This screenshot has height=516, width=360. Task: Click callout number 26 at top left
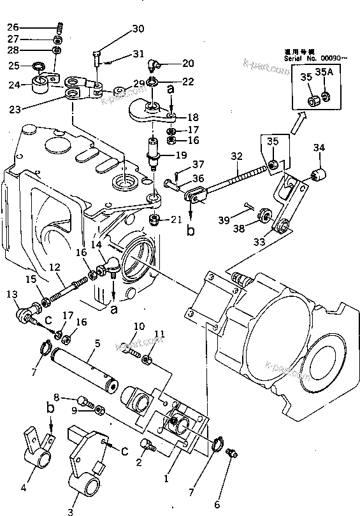pyautogui.click(x=13, y=27)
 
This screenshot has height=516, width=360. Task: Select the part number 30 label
pyautogui.click(x=138, y=29)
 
